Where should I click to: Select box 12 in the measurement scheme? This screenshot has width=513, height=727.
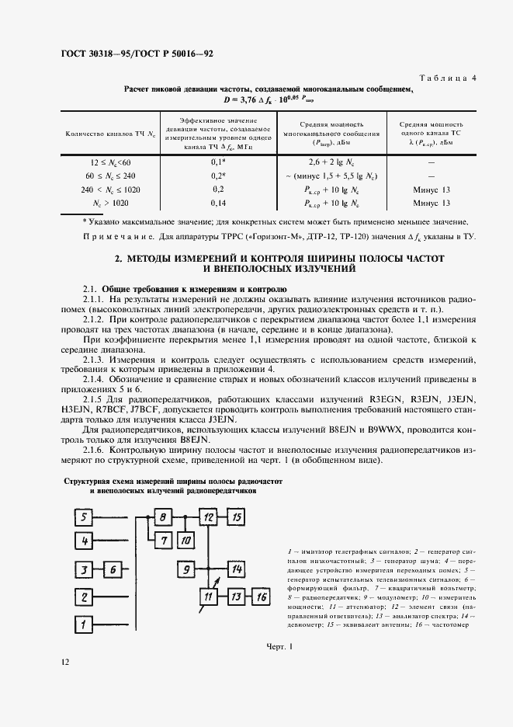207,517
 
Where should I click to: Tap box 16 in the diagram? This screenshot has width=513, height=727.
261,597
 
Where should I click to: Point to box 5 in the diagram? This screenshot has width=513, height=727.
82,517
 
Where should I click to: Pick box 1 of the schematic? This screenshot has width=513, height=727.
82,622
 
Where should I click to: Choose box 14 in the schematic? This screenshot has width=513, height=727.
237,569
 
